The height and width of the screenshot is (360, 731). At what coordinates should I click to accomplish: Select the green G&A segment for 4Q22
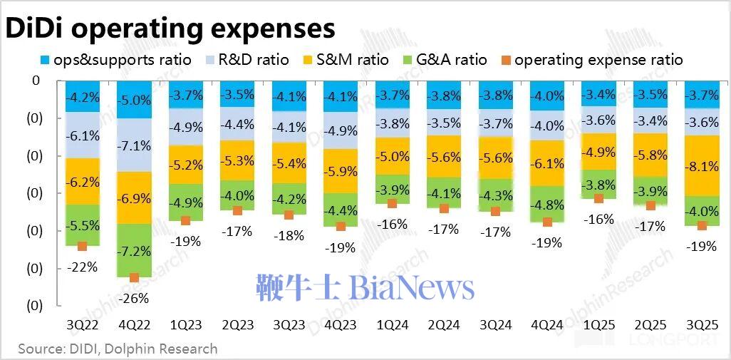[x=133, y=250]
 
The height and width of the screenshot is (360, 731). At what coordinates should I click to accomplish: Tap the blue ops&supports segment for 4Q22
[x=133, y=99]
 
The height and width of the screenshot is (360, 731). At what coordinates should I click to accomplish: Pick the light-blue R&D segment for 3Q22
[x=82, y=135]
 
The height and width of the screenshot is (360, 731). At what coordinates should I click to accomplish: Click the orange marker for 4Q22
[x=133, y=277]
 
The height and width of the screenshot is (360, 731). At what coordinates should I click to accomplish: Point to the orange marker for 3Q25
[x=701, y=226]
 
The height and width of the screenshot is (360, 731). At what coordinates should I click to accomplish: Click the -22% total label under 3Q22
[x=82, y=267]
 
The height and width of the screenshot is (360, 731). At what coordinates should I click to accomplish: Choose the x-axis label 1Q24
[x=392, y=325]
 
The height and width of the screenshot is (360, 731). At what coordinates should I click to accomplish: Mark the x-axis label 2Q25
[x=649, y=325]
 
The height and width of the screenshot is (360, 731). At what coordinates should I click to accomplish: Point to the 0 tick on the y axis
[x=35, y=81]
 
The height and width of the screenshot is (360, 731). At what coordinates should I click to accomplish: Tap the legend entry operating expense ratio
[x=598, y=60]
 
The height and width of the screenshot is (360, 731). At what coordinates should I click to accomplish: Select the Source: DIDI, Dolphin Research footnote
[x=118, y=349]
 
